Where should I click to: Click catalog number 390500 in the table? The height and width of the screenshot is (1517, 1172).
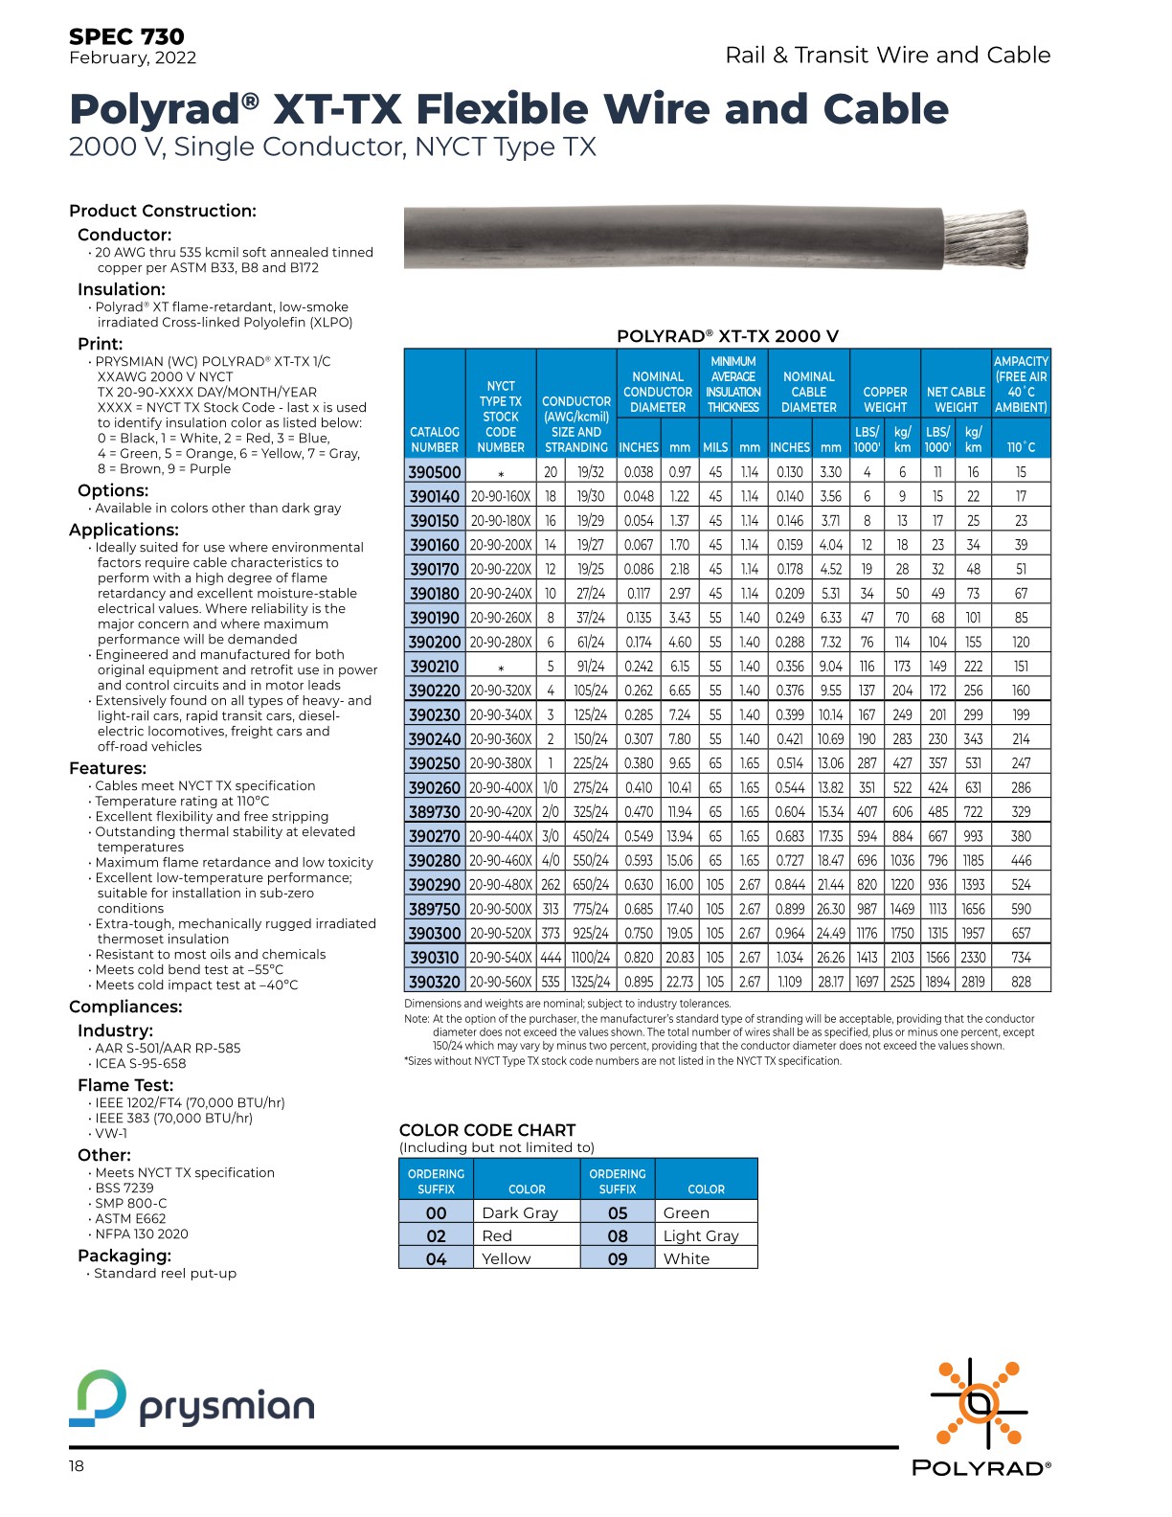435,471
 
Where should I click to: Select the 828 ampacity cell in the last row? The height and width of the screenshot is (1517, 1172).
1021,982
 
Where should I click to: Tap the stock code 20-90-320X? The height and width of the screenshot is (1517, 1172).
501,691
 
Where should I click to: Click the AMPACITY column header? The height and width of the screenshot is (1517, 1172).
1021,384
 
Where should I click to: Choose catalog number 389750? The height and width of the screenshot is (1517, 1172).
435,909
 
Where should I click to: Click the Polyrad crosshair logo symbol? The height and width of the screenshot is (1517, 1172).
979,1404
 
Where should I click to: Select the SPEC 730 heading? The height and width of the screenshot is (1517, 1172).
126,36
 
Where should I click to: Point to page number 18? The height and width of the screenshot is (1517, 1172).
77,1466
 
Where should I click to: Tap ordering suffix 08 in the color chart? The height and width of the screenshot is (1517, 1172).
618,1235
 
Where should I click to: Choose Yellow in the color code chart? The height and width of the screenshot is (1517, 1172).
507,1258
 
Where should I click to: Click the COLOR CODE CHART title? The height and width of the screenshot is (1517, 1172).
487,1130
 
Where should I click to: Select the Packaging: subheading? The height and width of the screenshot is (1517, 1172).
124,1256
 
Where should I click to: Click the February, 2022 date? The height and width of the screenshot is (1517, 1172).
132,57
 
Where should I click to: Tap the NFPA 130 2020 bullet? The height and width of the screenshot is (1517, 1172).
142,1234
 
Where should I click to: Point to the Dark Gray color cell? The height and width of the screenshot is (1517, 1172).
520,1212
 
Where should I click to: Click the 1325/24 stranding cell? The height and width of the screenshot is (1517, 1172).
591,982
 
